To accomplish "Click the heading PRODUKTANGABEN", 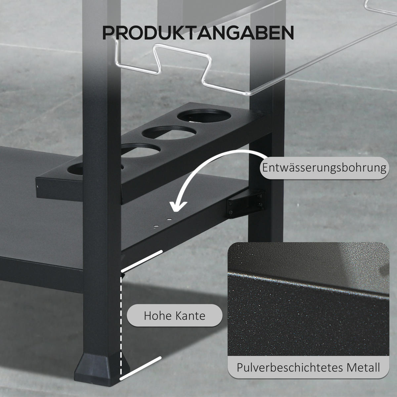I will (x=198, y=32).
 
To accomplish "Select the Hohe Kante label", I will (x=174, y=315).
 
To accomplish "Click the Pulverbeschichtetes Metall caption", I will (x=308, y=367).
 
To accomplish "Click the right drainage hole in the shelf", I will (x=169, y=219).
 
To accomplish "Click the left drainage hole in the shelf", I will (x=156, y=226).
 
